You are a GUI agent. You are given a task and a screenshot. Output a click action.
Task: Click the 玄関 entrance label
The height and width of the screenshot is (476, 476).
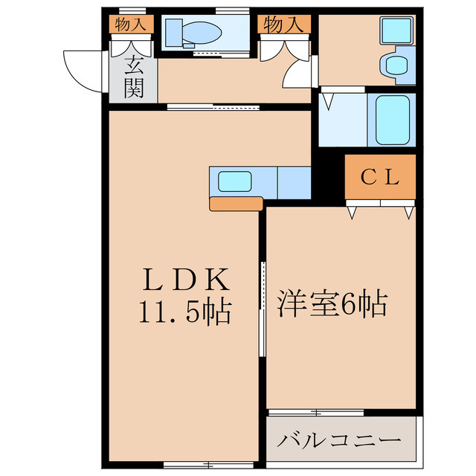(134, 78)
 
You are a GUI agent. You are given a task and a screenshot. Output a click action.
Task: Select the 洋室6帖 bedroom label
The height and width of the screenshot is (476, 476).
(332, 303)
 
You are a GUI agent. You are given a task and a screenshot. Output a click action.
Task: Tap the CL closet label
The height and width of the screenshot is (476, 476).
(380, 178)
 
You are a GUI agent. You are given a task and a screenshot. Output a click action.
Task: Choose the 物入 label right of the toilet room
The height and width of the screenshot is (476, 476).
(283, 25)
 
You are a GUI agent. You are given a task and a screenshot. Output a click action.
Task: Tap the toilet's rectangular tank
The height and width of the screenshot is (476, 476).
(173, 33)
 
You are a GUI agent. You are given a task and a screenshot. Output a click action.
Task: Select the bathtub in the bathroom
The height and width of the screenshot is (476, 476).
(392, 119)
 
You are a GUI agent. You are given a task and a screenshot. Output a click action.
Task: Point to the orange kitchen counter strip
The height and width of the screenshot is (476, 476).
(237, 204)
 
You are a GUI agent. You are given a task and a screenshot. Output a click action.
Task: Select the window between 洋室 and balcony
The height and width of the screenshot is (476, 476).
(315, 411)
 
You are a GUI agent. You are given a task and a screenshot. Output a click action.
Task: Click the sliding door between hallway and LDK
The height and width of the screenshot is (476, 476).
(214, 107)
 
